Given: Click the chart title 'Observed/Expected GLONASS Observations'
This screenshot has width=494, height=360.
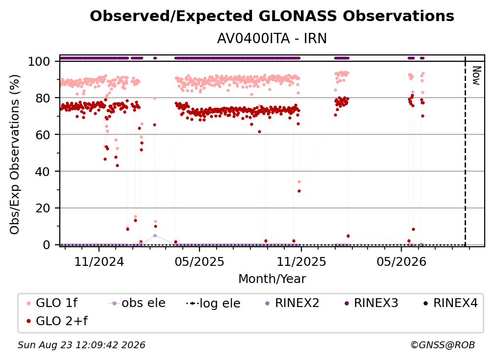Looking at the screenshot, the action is (x=272, y=16).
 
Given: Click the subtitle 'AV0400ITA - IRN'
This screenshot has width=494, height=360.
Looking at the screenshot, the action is (x=272, y=38).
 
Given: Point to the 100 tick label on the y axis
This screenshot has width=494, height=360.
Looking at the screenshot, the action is (x=39, y=61).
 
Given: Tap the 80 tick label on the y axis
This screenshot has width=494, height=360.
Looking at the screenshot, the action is (x=43, y=98).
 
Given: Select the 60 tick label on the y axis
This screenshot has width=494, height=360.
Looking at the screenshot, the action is (x=43, y=135).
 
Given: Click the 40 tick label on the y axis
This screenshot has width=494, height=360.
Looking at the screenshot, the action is (x=43, y=172).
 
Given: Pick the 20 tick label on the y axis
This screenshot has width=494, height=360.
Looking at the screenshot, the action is (x=43, y=208).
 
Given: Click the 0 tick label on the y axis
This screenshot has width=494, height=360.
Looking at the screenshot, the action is (x=46, y=245).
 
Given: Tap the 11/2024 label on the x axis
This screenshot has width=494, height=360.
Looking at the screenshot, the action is (x=99, y=261).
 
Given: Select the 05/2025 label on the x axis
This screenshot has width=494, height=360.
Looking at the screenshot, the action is (x=199, y=261).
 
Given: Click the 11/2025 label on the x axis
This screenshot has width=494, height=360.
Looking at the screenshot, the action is (x=301, y=261).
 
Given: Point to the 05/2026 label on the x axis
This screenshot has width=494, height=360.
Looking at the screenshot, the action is (x=401, y=261).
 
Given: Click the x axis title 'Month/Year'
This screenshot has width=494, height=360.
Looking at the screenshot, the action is (x=272, y=279).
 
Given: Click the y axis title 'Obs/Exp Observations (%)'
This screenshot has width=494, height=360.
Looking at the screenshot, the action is (x=15, y=154).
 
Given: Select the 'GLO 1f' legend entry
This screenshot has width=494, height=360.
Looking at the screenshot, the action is (x=52, y=303).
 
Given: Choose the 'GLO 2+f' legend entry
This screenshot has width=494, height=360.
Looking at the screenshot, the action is (x=57, y=321).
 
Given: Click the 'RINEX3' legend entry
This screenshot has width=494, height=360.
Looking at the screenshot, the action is (x=371, y=303).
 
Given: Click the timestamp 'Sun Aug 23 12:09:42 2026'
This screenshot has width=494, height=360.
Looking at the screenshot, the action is (x=81, y=345).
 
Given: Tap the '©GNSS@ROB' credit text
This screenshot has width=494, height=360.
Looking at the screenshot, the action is (x=443, y=345).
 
